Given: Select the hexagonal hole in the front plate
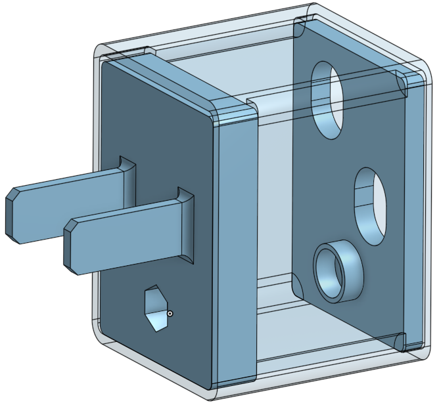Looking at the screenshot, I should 156,309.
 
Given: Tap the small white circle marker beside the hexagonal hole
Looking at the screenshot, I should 170,314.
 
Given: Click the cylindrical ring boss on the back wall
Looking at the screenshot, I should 338,270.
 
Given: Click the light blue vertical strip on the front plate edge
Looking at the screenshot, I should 235,249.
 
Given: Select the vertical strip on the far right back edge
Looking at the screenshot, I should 414,210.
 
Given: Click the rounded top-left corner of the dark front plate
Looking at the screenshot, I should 105,66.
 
